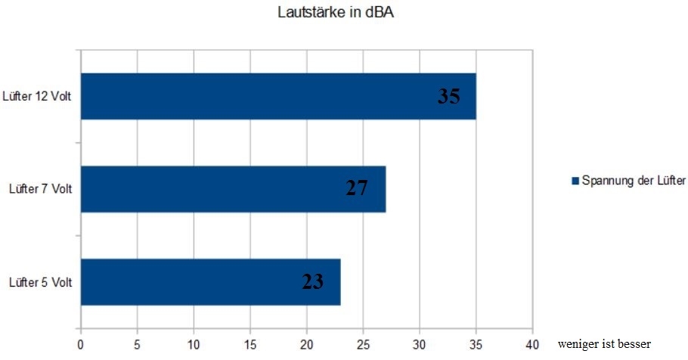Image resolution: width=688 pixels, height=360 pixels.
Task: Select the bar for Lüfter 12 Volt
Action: point(278,96)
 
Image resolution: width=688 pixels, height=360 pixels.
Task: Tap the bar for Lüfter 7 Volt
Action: point(233,189)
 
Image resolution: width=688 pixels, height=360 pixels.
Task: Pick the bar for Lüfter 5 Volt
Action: point(210,282)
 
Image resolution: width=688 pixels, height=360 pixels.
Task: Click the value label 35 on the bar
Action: point(448,96)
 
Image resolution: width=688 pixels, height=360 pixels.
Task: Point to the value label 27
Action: point(357,188)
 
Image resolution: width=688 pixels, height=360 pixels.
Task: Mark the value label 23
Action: point(313,282)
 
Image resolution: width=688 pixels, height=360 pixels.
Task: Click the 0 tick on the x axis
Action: point(81,343)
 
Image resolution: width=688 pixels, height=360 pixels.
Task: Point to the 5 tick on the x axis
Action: point(137,343)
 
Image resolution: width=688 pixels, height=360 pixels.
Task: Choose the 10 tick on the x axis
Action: point(194,343)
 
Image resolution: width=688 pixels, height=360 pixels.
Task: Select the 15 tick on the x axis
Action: point(250,343)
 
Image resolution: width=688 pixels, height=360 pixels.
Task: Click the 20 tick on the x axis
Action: point(307,343)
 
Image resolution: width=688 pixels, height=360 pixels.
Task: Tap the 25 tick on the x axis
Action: point(363,343)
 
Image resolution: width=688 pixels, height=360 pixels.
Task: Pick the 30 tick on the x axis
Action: point(420,343)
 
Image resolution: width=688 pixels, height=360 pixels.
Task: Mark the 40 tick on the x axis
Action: point(532,343)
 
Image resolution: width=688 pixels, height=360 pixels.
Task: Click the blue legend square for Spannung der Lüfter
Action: point(575,181)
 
